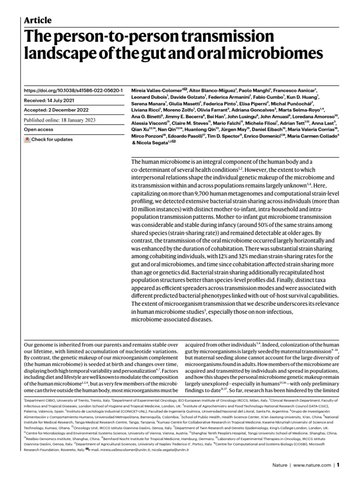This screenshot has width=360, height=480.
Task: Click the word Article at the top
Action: point(37,20)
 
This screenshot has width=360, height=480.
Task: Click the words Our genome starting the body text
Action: point(38,345)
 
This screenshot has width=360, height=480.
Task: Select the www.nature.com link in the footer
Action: point(311,465)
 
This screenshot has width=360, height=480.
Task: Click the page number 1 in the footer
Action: point(337,465)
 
